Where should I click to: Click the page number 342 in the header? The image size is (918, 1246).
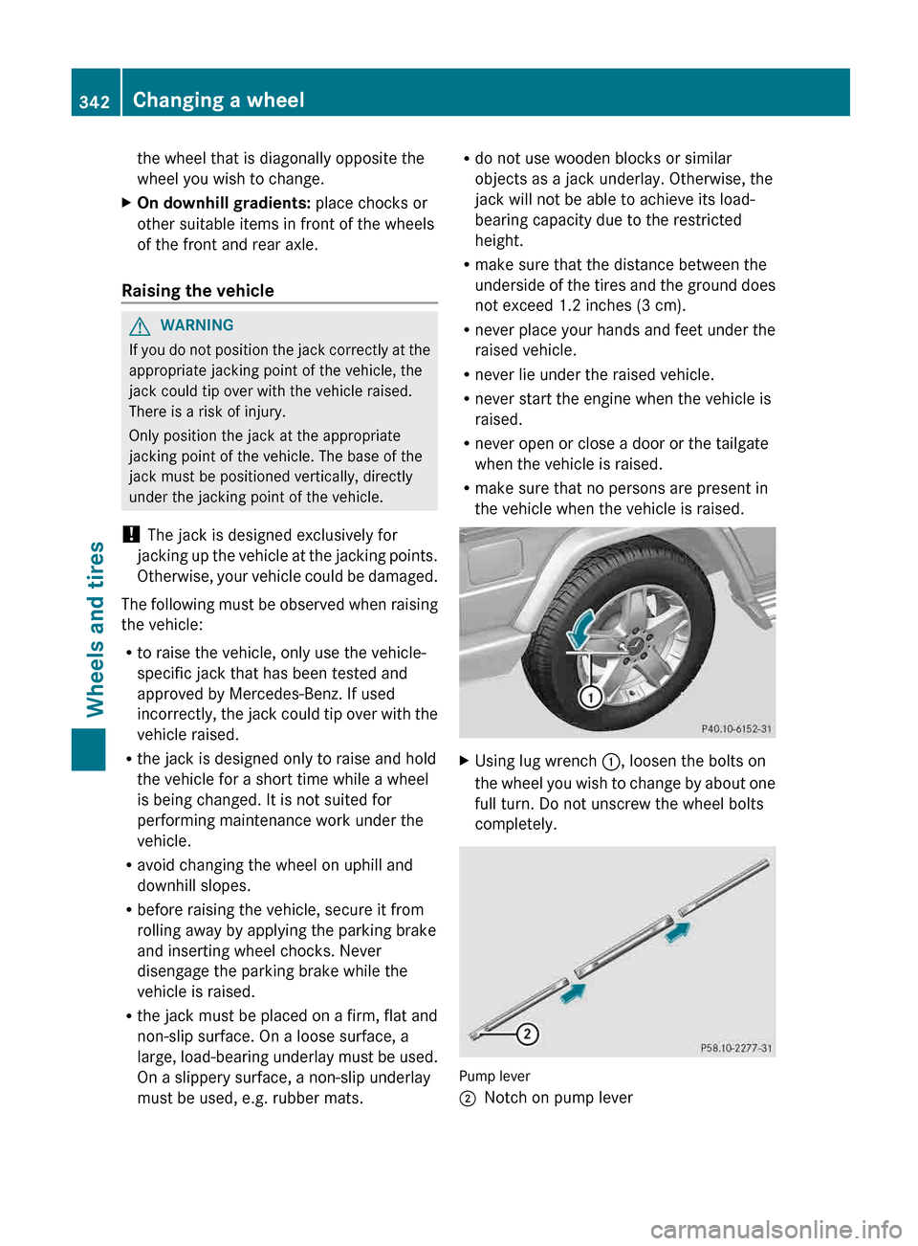pos(95,101)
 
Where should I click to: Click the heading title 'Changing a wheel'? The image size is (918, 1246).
pos(218,100)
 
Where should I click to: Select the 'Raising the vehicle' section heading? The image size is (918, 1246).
pos(198,291)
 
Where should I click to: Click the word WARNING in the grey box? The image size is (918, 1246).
pos(197,325)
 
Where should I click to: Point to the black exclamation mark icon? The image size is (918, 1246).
pos(131,535)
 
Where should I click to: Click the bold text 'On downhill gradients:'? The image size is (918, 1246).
pos(224,203)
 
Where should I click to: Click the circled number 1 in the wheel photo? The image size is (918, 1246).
pos(591,697)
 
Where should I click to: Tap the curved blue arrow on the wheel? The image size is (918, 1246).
pos(579,630)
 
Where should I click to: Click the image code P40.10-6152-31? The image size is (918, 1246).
pos(735,729)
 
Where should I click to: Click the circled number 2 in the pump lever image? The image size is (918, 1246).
pos(527,1034)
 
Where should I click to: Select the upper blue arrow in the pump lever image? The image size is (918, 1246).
pos(678,931)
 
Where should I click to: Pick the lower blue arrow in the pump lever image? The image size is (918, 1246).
pos(574,993)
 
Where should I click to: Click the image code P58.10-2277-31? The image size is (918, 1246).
pos(735,1048)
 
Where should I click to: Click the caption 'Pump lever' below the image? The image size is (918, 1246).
pos(494,1077)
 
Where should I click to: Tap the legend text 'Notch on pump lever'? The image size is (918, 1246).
pos(558,1098)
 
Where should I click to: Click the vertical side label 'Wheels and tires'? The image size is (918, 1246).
pos(96,629)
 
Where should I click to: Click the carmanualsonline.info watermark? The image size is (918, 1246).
pos(776,1229)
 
